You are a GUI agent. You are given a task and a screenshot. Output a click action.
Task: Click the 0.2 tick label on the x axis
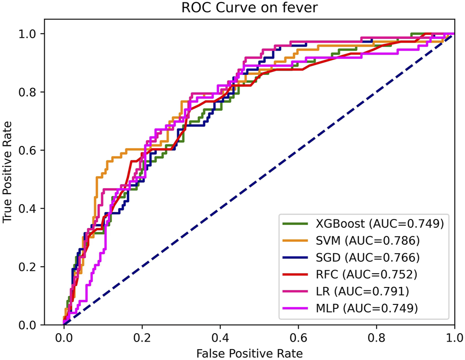142,337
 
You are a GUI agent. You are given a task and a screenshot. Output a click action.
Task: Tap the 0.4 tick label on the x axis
220,337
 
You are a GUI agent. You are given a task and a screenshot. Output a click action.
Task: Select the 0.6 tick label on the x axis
298,337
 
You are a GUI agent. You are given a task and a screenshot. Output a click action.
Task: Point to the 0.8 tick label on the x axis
376,337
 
